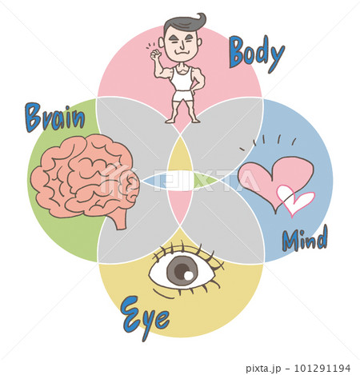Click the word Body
tap(257, 54)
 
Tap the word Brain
tap(55, 118)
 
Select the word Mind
tap(305, 238)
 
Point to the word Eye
tap(145, 318)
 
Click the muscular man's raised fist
tap(155, 54)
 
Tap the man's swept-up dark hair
tap(185, 22)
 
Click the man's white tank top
tap(182, 78)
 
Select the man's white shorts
tap(182, 96)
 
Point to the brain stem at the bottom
tap(120, 218)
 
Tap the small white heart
tap(294, 200)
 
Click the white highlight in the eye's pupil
tap(189, 276)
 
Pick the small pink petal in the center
tap(180, 206)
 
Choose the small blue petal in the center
tap(154, 181)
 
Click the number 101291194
tap(322, 368)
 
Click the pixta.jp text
tap(263, 369)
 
